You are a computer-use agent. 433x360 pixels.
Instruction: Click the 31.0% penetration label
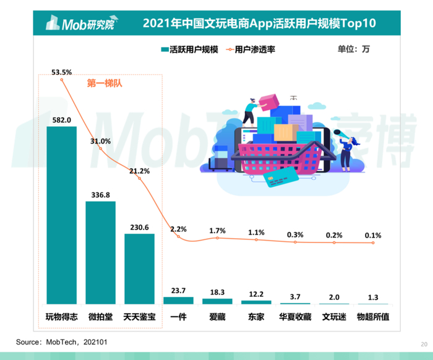(100, 141)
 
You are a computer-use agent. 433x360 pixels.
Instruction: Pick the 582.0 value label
(62, 120)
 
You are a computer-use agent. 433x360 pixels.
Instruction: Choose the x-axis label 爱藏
(217, 317)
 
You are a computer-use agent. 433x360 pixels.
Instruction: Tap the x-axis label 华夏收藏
(295, 317)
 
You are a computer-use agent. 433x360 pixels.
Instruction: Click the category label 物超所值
(373, 317)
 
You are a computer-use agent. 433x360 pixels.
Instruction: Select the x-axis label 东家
(256, 317)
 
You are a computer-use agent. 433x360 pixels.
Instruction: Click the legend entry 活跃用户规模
(189, 49)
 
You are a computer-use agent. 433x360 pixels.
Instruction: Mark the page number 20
(423, 344)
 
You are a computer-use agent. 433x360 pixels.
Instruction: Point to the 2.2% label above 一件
(179, 229)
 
